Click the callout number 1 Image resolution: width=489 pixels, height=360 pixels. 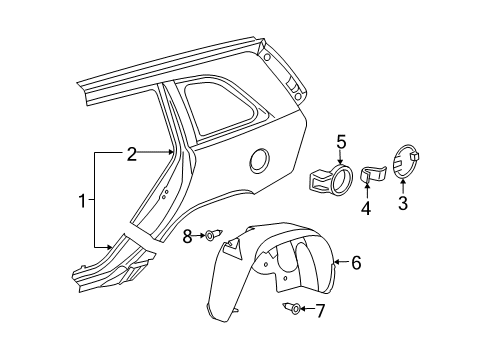(83, 203)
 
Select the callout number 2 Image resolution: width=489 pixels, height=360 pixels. (131, 154)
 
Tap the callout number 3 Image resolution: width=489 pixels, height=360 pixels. (403, 205)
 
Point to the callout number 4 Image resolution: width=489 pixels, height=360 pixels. (366, 209)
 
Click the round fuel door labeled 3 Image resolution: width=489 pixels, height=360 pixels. (408, 162)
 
